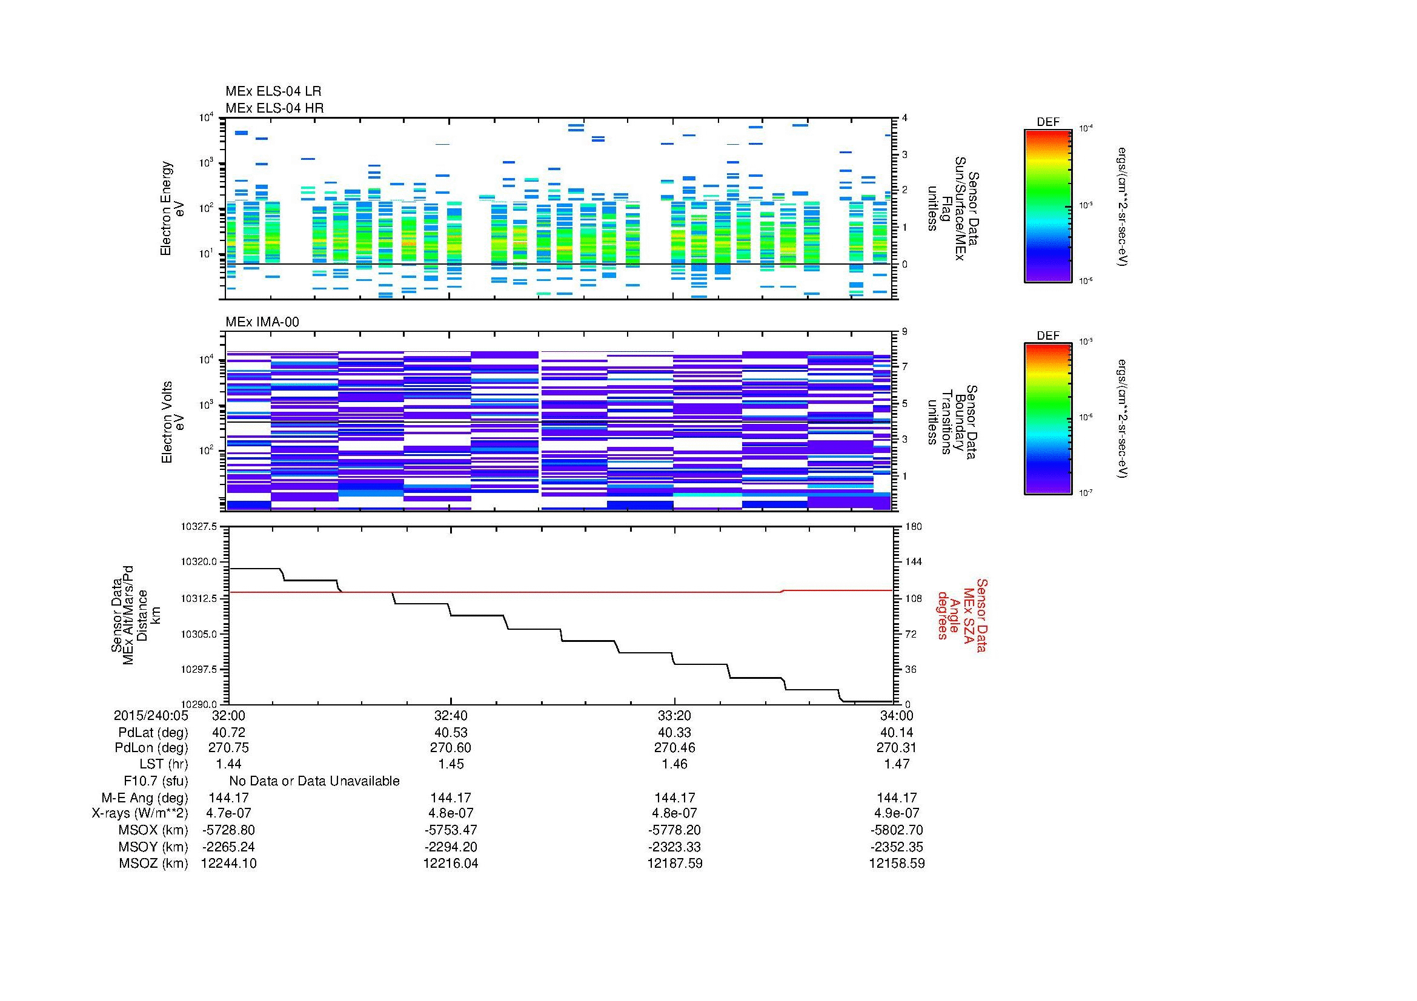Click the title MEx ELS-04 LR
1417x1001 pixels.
(273, 92)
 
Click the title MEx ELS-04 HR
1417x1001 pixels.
(274, 108)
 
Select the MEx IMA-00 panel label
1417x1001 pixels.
(262, 322)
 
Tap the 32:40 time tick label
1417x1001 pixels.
(451, 715)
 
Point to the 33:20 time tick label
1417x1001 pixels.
(674, 715)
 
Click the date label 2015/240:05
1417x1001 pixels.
(151, 715)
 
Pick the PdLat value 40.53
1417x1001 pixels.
(451, 733)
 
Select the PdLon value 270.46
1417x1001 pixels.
(674, 747)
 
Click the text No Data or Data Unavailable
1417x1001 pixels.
(314, 781)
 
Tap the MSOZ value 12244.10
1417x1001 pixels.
(228, 864)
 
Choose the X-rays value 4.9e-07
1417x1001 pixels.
(897, 813)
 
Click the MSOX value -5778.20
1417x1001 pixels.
(674, 830)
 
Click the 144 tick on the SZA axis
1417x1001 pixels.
(913, 562)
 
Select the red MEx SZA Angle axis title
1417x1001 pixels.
(962, 615)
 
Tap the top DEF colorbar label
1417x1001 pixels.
(1047, 122)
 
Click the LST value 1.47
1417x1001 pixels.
(897, 764)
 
